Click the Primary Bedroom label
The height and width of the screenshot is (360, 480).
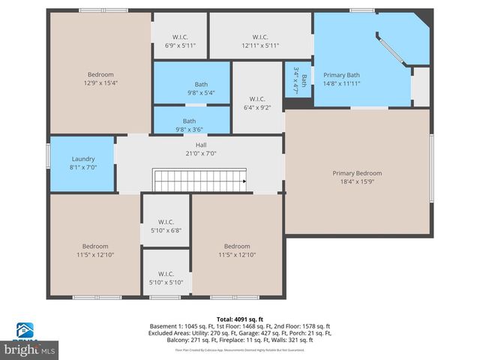357,173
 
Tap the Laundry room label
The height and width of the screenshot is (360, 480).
82,159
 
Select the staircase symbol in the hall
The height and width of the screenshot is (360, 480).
200,181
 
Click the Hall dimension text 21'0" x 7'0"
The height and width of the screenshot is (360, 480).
200,154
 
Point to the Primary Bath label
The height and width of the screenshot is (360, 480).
341,75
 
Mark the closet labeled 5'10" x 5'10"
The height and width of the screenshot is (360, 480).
166,277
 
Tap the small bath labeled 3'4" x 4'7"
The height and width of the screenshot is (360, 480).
298,79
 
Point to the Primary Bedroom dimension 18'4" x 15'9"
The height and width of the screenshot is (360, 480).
357,182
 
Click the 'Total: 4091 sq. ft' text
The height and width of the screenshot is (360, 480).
239,319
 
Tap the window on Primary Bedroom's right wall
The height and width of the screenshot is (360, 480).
431,169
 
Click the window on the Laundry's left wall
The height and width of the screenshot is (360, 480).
49,154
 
